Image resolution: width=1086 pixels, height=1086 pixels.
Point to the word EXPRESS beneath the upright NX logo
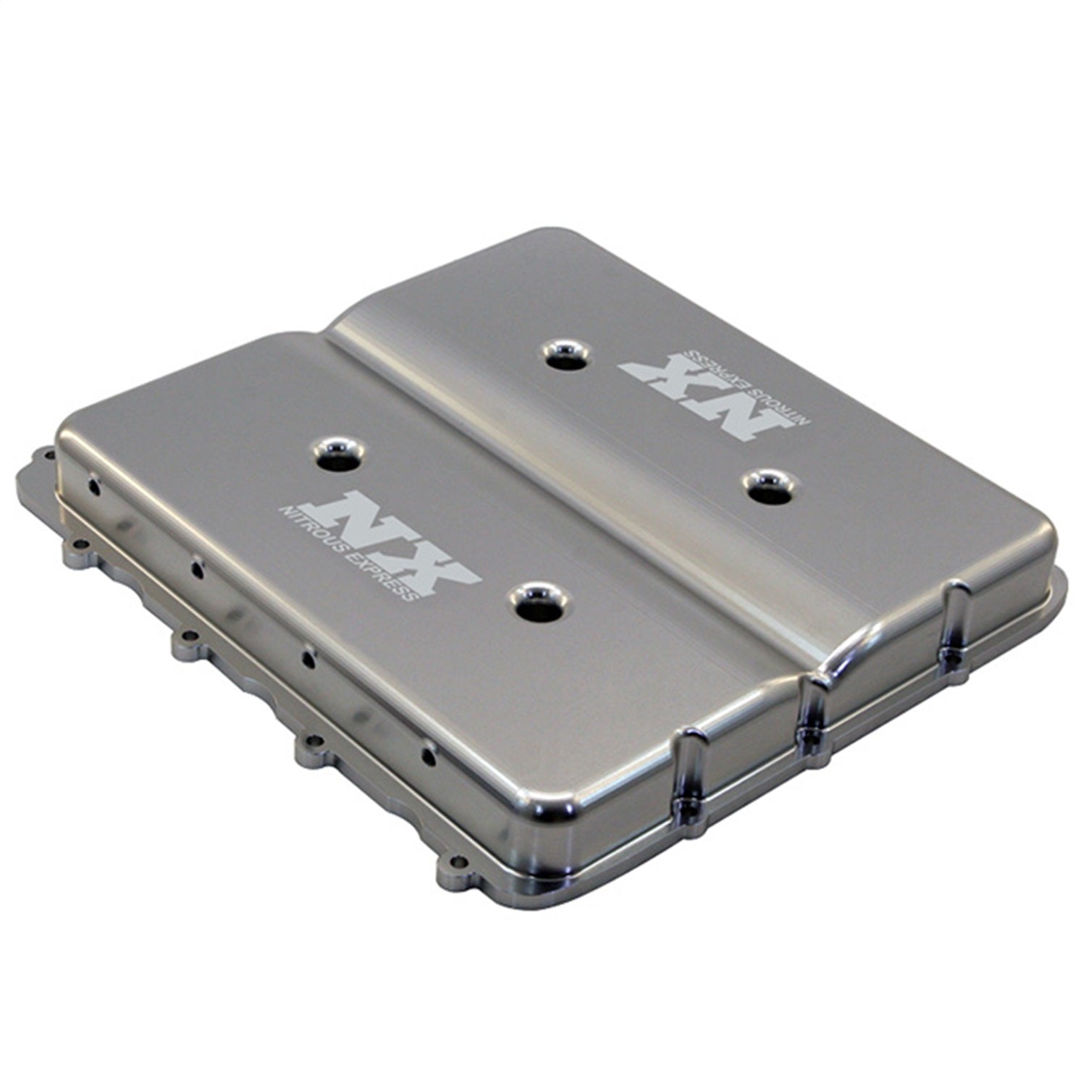[383, 575]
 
